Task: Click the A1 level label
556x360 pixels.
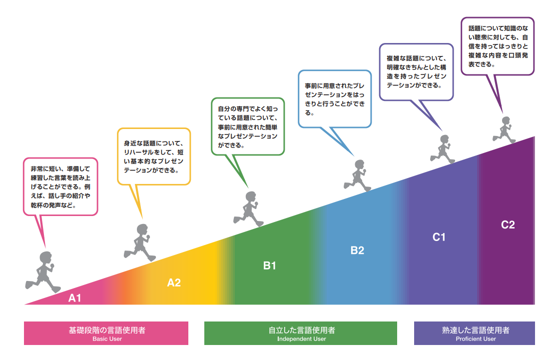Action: (74, 298)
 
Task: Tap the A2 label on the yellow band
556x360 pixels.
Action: (174, 282)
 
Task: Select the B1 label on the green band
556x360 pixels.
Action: (269, 265)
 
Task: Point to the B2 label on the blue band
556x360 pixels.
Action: (357, 250)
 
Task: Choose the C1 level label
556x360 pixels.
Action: (439, 237)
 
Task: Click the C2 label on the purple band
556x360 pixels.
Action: (508, 224)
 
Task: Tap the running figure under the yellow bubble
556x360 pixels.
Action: (140, 242)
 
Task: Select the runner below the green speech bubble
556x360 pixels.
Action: (249, 209)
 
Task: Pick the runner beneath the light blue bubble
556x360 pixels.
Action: (358, 175)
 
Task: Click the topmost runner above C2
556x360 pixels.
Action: (504, 130)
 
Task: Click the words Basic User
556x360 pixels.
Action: (107, 339)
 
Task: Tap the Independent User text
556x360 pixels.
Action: (301, 339)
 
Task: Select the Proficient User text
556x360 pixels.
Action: (476, 339)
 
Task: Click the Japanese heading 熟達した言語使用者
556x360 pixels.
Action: (476, 330)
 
